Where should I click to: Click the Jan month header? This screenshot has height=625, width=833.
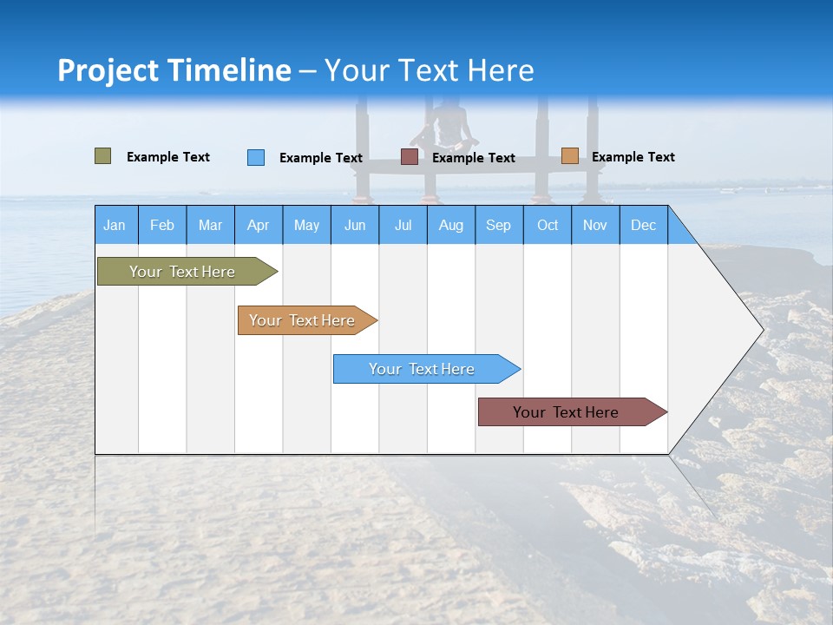115,226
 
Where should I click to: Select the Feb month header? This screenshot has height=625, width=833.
162,226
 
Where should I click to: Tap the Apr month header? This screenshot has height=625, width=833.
258,226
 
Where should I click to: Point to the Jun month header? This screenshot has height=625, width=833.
355,226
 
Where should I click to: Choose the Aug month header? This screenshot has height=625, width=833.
450,226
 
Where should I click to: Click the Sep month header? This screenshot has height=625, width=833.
498,226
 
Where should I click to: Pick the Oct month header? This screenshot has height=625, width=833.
548,226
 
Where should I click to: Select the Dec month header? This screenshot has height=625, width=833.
643,226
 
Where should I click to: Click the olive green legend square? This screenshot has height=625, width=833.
103,156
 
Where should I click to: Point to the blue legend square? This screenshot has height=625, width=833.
256,157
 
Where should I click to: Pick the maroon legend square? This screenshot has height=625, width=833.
410,157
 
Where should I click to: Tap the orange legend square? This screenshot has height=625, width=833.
570,156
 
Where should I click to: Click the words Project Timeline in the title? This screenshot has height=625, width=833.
174,70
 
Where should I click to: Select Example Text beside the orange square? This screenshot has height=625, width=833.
633,157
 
